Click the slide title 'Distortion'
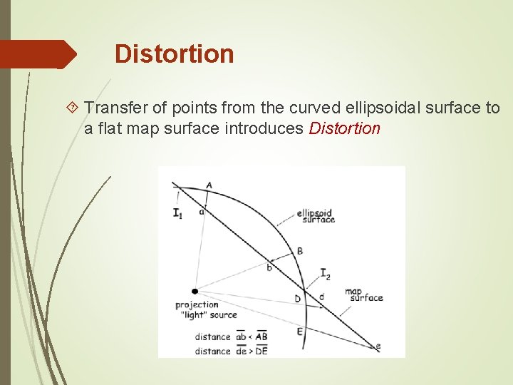174,54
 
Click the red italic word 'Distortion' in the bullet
345,129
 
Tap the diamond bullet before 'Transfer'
73,108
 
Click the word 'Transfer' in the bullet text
116,108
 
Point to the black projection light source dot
195,291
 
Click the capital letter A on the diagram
209,185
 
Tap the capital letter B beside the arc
300,250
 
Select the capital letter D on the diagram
298,299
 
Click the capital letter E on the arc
299,331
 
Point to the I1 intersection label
177,213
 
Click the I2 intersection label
325,274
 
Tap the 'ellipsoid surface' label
316,216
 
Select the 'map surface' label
363,294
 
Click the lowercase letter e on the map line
378,346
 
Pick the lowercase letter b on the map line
269,268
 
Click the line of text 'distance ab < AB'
231,337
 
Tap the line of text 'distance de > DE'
231,351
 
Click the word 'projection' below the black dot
197,305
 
